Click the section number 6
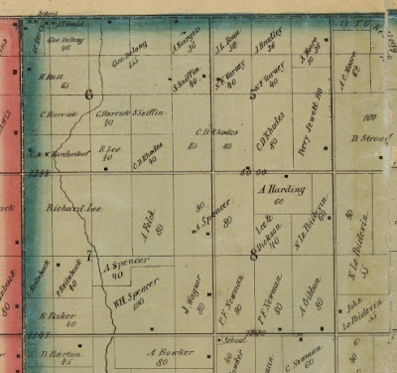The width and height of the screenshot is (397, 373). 89,95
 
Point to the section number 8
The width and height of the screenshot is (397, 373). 253,255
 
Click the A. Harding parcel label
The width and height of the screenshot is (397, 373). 282,189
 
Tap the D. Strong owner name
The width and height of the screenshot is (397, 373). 368,137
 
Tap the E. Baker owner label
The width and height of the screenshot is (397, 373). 58,316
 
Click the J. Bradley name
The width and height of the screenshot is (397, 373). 265,43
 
